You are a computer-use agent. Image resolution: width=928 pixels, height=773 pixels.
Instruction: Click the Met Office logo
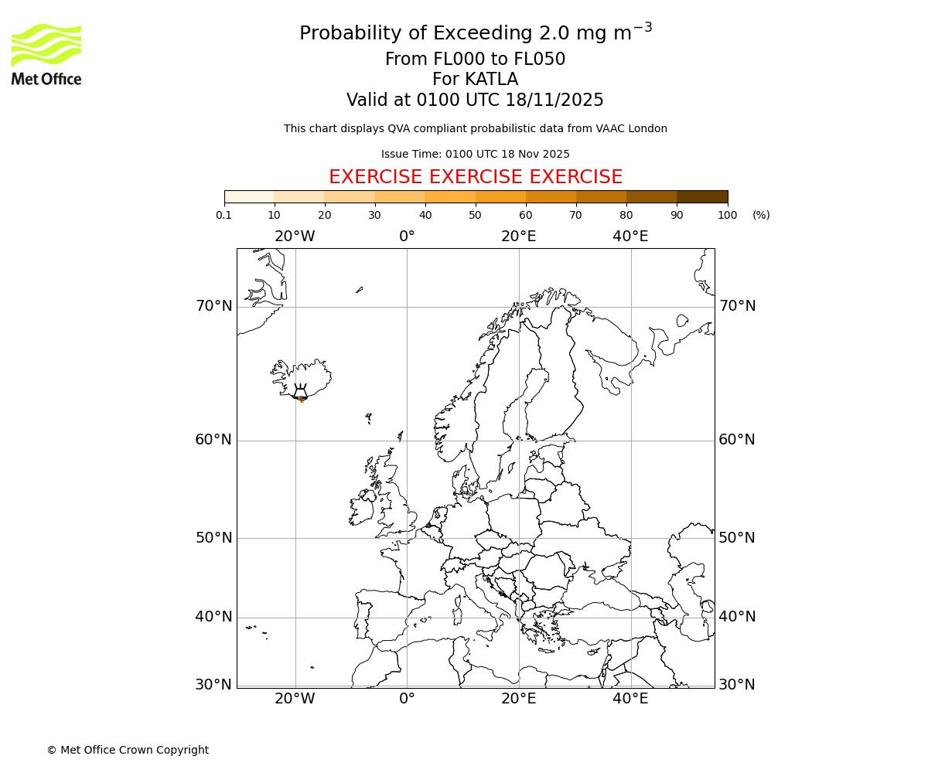tap(46, 54)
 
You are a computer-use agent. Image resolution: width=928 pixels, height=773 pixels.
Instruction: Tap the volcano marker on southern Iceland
tap(301, 396)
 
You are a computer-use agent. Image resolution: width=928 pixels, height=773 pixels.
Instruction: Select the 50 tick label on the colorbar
tap(475, 215)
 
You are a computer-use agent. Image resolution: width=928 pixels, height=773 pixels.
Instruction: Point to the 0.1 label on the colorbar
tap(223, 215)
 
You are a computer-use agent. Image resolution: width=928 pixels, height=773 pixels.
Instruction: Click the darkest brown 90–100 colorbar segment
tap(701, 196)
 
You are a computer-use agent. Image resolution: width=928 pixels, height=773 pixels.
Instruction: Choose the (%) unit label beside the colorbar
tap(761, 215)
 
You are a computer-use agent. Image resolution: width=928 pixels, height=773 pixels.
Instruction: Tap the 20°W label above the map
tap(295, 237)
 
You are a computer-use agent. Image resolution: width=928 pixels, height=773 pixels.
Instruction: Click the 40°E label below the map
tap(630, 699)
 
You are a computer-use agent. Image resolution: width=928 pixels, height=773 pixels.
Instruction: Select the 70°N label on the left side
tap(213, 306)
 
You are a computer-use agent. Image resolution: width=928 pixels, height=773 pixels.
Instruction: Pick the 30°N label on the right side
tap(737, 685)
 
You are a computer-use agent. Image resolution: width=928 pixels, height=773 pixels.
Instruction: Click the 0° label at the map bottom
tap(407, 699)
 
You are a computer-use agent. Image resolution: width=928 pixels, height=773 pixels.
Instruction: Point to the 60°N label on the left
tap(213, 440)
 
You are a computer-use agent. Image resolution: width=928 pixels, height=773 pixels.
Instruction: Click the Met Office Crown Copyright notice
tap(128, 750)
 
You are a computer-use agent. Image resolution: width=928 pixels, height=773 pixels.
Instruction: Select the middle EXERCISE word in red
tap(476, 177)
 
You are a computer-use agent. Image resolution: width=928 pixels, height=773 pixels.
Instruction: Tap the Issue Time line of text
tap(475, 154)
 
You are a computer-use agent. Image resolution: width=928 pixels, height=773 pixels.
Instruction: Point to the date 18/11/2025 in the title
tap(554, 100)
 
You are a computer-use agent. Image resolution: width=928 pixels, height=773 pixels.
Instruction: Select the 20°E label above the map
tap(518, 237)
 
